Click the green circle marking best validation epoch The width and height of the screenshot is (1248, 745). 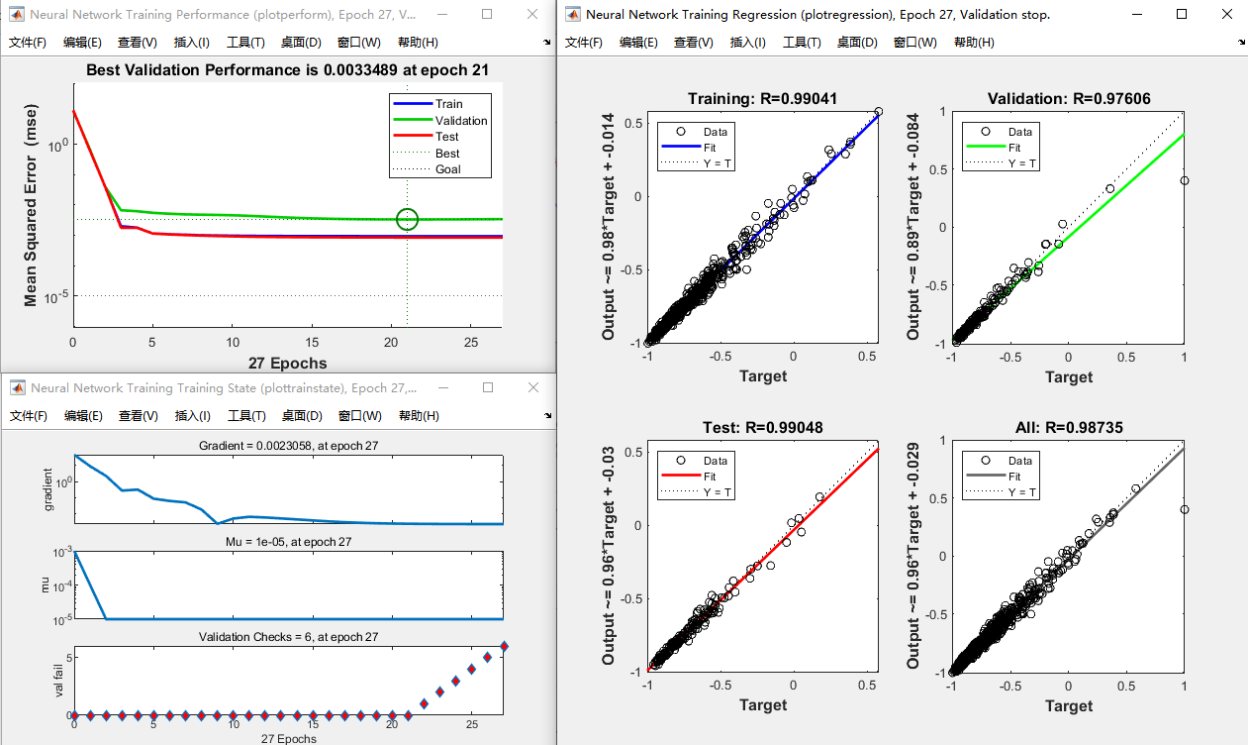point(407,219)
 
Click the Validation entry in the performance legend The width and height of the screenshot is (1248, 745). point(460,121)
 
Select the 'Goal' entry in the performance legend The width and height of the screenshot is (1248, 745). point(447,169)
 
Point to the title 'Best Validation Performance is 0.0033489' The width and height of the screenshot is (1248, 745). point(287,69)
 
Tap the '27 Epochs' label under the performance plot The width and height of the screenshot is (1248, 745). point(287,363)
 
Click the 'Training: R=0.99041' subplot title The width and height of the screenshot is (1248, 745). point(763,98)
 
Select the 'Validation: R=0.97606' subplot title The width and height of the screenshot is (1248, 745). point(1069,98)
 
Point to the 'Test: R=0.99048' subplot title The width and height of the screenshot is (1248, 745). point(763,428)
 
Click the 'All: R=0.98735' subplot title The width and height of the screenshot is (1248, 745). point(1069,428)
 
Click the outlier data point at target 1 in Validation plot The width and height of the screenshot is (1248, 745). point(1184,180)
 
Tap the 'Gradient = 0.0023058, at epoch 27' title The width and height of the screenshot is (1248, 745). point(287,446)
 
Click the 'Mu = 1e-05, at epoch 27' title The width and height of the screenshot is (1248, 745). point(287,542)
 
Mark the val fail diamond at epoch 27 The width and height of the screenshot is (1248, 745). point(503,646)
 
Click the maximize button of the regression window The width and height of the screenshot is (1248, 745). point(1182,15)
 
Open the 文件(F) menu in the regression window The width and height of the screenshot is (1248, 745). point(583,43)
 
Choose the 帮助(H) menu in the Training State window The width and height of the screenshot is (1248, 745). point(419,416)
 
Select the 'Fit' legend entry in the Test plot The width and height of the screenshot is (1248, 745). point(709,477)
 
